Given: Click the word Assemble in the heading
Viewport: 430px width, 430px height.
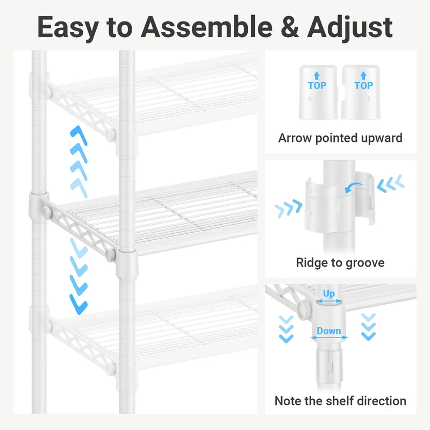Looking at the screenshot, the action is point(206,27).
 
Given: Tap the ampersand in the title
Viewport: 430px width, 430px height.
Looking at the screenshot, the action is point(290,27).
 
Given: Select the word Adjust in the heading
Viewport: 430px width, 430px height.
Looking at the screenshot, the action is point(350,28).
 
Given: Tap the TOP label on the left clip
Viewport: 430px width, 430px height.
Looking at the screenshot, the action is point(317,85).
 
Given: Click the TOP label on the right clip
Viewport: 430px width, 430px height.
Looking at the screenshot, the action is point(364,85).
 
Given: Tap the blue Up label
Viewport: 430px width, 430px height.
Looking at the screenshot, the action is point(329,293).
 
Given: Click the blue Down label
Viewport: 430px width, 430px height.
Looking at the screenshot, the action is point(329,331).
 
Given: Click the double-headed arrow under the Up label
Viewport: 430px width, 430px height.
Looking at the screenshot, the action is point(329,301).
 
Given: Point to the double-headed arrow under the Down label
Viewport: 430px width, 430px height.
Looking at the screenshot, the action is point(329,338).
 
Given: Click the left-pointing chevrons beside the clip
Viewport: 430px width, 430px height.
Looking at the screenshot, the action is point(391,183).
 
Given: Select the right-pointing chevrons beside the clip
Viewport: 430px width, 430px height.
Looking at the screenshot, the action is point(289,208).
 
